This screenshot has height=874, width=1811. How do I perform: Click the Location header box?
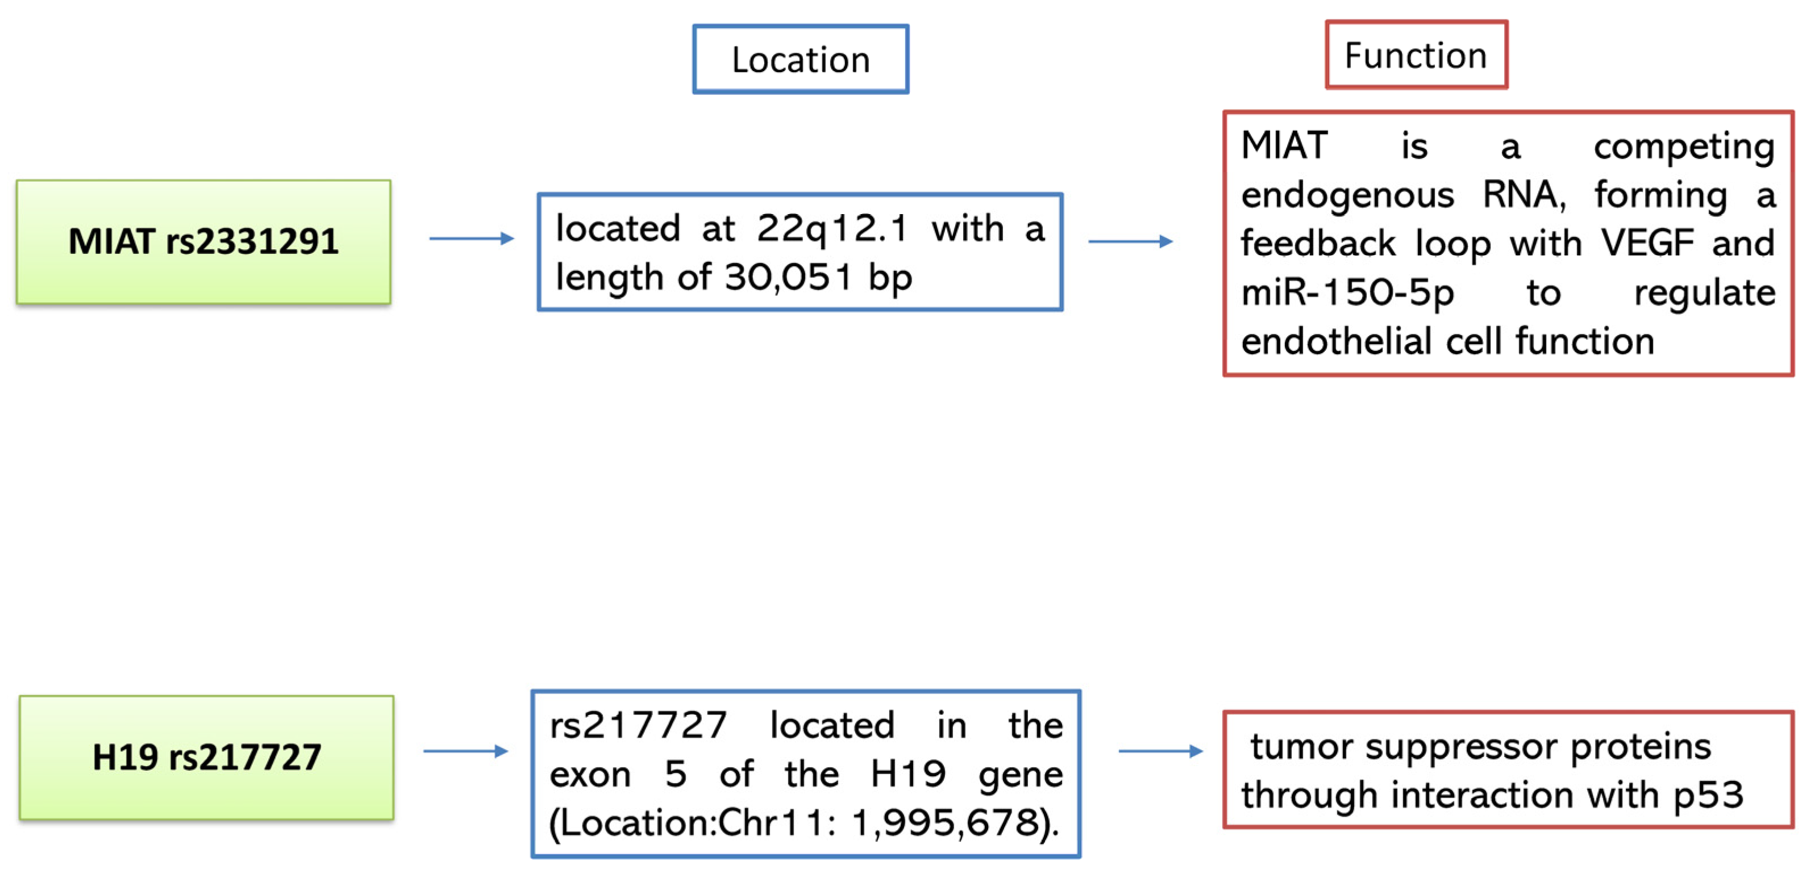point(800,60)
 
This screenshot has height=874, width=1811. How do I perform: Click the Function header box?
point(1416,55)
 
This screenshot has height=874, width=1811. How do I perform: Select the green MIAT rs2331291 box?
point(203,242)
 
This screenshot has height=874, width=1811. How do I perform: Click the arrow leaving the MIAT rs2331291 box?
point(471,239)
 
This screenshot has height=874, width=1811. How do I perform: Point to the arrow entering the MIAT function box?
point(1130,242)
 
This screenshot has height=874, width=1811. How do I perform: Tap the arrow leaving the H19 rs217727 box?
point(465,751)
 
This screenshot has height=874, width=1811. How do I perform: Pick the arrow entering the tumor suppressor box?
point(1160,751)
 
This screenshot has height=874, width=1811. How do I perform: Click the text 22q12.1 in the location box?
point(832,228)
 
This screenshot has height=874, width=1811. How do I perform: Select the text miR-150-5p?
point(1347,293)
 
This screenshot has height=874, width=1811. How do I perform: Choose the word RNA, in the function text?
point(1524,195)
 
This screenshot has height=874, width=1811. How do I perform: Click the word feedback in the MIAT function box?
point(1317,244)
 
